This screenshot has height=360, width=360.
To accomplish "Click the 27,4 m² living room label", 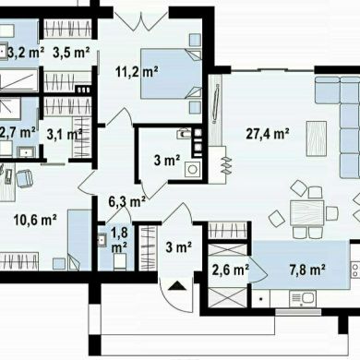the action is point(268,134).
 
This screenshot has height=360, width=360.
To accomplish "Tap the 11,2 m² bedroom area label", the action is point(137,72).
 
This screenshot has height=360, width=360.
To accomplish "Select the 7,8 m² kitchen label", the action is point(307,270).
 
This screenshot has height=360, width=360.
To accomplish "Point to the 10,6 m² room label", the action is point(35,220).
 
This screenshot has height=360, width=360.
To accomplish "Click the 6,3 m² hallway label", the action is point(127,202).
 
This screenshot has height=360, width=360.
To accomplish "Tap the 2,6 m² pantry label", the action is point(231,270).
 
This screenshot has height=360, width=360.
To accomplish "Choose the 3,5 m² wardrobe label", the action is point(71,53).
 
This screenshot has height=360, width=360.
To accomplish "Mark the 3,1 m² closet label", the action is point(65,134).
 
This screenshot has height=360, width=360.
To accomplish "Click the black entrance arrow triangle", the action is point(177,286).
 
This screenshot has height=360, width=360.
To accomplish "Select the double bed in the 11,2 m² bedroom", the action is point(172,74).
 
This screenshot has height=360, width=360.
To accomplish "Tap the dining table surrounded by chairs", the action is point(306,212).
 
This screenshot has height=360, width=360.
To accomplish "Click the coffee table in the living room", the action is point(317,138).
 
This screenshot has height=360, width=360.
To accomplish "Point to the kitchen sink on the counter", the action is point(303,299).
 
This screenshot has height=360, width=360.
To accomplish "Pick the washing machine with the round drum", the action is point(193,169).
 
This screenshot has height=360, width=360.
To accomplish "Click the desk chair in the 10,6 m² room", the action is point(24,179).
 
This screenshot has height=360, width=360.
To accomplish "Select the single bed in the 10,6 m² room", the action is point(79,240).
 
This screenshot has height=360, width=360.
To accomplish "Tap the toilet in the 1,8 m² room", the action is point(120,262).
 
